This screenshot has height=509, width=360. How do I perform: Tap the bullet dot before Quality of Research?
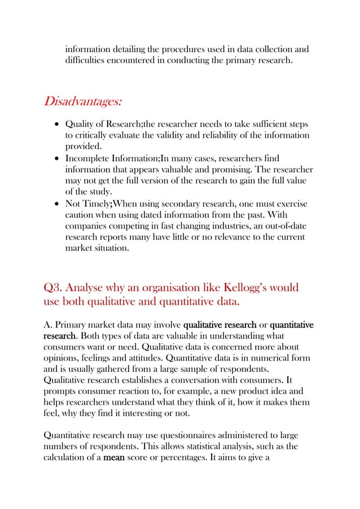pos(56,124)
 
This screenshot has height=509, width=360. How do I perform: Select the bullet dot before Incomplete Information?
pos(56,159)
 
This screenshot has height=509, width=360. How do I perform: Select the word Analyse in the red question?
pos(94,288)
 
